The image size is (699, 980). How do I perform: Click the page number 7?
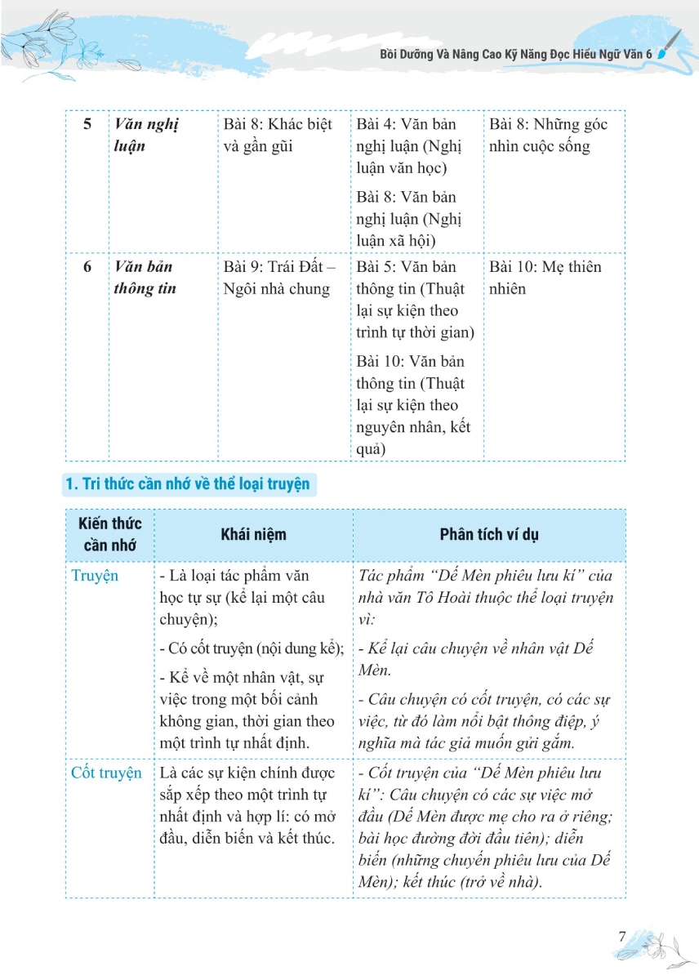(623, 936)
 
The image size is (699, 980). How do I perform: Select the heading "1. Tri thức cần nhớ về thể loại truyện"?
(187, 484)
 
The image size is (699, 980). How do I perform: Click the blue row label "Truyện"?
(95, 576)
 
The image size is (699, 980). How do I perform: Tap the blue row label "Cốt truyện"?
(106, 773)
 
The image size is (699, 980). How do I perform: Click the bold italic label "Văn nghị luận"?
(146, 136)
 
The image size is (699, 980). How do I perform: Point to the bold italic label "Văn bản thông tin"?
(145, 278)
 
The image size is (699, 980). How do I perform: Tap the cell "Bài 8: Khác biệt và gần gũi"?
(278, 136)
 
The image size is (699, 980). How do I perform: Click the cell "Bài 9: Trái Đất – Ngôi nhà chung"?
(278, 278)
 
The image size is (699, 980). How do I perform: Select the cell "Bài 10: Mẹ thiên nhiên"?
(544, 278)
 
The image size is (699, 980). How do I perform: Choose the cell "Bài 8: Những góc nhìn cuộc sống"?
(548, 136)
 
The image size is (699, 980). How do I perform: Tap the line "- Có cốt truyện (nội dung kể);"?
(252, 648)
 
